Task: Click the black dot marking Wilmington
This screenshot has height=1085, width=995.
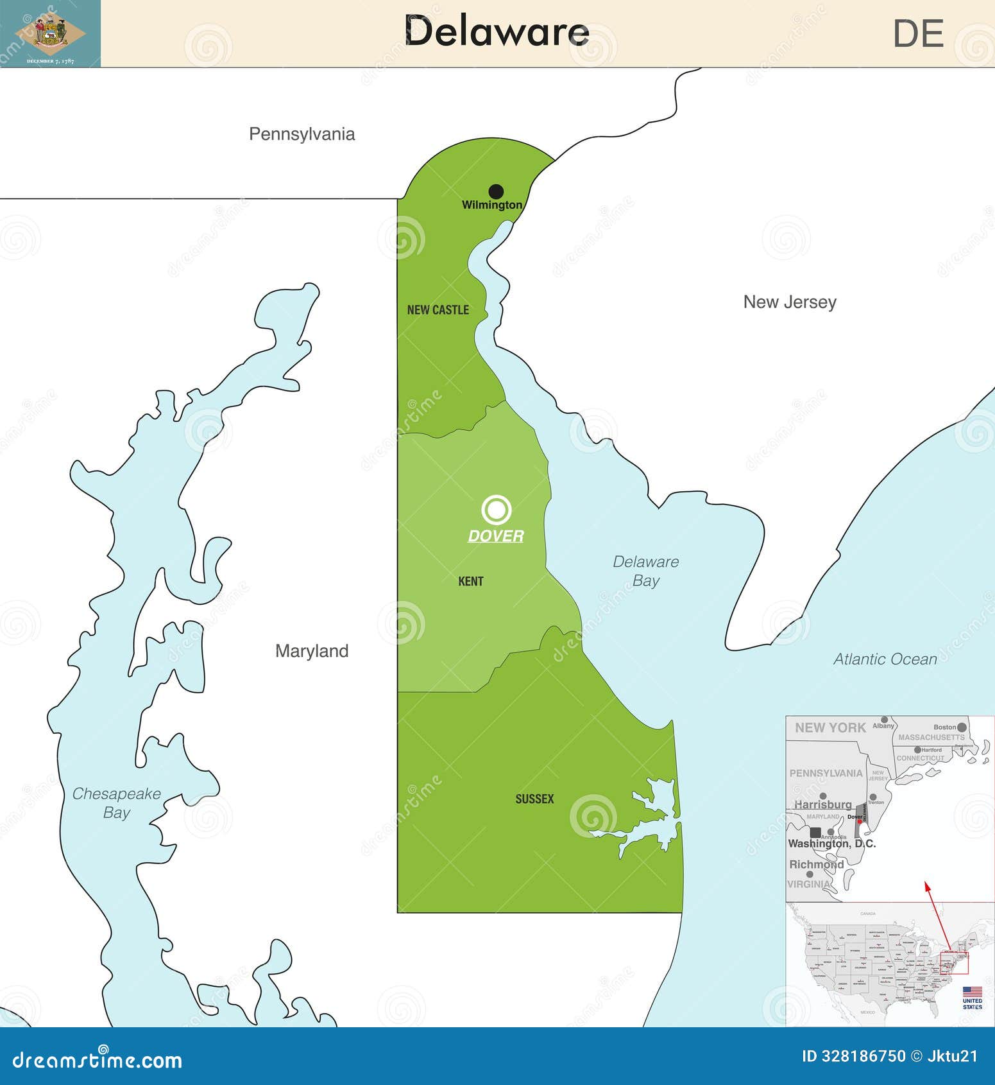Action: pyautogui.click(x=496, y=191)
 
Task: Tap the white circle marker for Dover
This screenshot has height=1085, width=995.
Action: pyautogui.click(x=496, y=510)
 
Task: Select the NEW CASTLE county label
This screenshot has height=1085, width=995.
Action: pyautogui.click(x=438, y=310)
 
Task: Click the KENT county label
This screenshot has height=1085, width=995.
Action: pyautogui.click(x=471, y=582)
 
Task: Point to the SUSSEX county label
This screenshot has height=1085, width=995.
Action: pyautogui.click(x=534, y=799)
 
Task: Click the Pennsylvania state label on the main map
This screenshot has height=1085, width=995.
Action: pyautogui.click(x=302, y=134)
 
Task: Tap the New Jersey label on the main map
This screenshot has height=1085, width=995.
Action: pyautogui.click(x=790, y=302)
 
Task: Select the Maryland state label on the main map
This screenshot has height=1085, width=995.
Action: pyautogui.click(x=312, y=651)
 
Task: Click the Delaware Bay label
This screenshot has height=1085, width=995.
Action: pyautogui.click(x=645, y=571)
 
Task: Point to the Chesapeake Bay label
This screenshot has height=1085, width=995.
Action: pyautogui.click(x=116, y=803)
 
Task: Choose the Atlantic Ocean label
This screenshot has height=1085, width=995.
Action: pyautogui.click(x=885, y=659)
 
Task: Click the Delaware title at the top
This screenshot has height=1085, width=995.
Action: pyautogui.click(x=497, y=32)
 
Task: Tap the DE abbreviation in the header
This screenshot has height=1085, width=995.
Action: pyautogui.click(x=918, y=34)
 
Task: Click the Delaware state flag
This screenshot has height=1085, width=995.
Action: pyautogui.click(x=50, y=33)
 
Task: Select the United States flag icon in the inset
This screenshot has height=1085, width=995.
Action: pyautogui.click(x=972, y=992)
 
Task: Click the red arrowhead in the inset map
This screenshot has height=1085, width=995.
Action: pyautogui.click(x=926, y=886)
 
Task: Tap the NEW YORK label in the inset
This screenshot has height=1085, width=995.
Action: pyautogui.click(x=830, y=727)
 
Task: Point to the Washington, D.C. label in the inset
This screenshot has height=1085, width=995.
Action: pyautogui.click(x=831, y=844)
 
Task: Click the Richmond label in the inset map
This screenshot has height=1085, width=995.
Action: pyautogui.click(x=816, y=864)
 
